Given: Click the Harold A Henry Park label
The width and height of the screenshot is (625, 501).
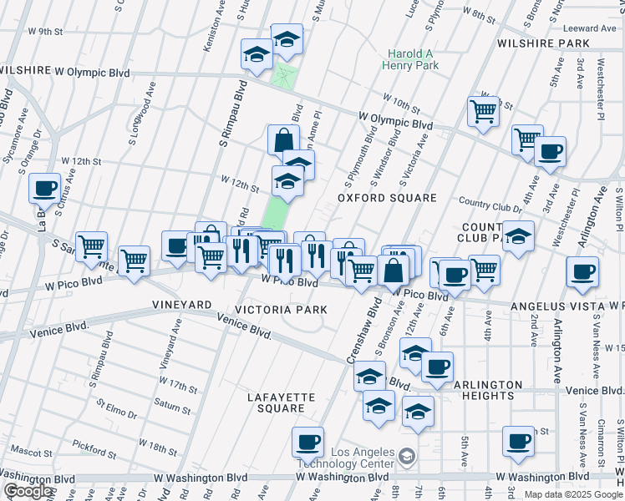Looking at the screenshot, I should [409, 58].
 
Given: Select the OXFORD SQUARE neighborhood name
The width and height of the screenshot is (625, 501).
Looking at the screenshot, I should [387, 198].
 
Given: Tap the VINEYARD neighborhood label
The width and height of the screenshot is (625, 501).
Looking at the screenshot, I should [180, 306].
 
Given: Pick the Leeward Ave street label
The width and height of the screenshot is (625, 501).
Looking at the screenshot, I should [595, 28].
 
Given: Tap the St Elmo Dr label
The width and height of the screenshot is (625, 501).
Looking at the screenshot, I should [116, 412].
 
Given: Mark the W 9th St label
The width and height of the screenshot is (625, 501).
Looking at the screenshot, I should [45, 32].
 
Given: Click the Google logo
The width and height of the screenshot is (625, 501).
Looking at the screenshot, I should [28, 491].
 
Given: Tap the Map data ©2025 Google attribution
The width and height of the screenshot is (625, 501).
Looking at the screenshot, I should [572, 494].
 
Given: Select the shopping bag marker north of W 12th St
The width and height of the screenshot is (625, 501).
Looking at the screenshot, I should [283, 139].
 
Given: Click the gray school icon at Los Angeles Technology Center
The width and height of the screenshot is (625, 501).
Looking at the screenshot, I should [406, 456].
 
